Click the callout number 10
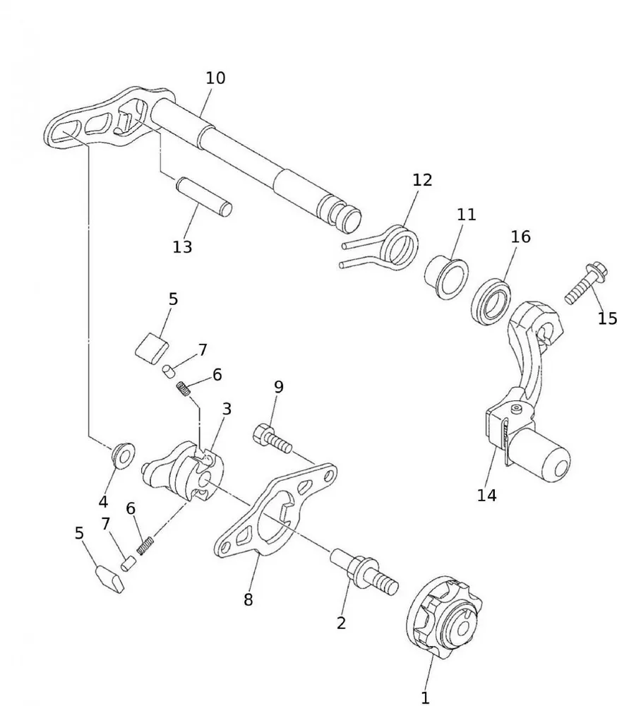coord(215,78)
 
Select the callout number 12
coord(421,180)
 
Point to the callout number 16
coord(520,237)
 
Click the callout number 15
coord(607,318)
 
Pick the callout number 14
coord(486,495)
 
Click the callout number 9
coord(279,386)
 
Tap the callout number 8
coord(248,600)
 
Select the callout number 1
coord(425,698)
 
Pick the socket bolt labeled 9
coord(272,438)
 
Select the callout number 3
coord(226,409)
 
